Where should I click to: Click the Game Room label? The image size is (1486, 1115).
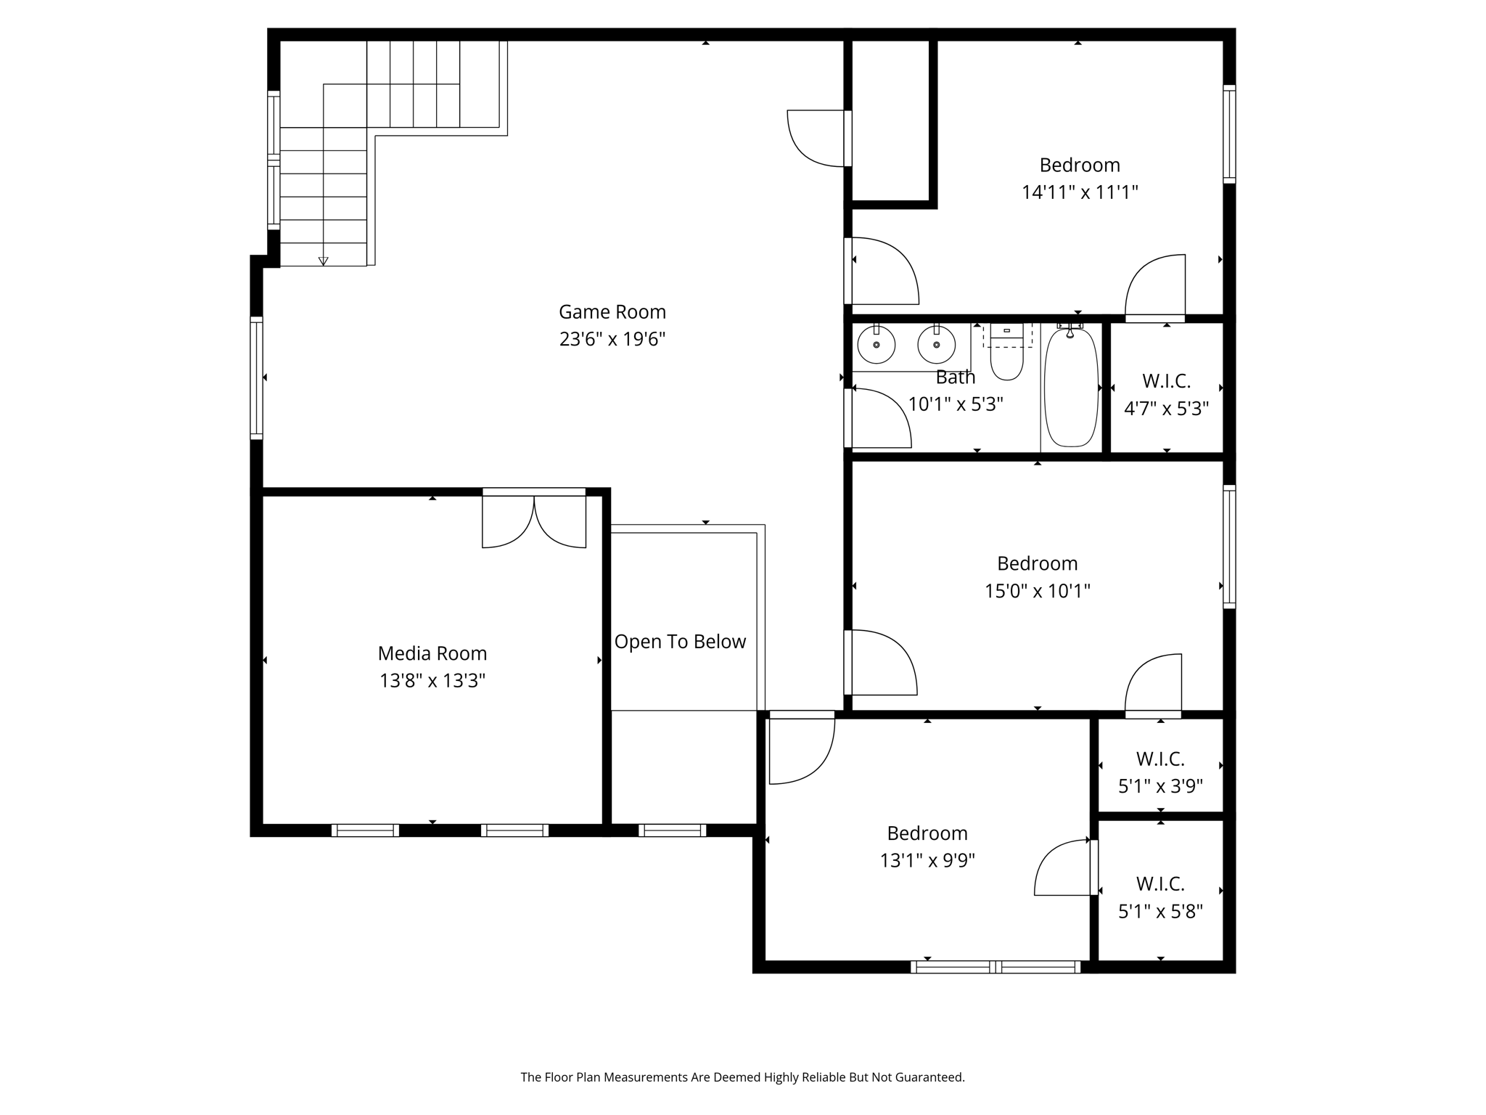point(612,312)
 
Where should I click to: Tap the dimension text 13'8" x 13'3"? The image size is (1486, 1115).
point(432,681)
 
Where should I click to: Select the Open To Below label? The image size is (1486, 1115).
point(680,642)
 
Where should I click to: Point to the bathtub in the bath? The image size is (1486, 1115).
point(1071,388)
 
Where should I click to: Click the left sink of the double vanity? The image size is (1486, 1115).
point(877,345)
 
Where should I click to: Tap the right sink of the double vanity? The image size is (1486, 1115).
point(936,345)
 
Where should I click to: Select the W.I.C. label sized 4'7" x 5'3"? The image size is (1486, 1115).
point(1166,381)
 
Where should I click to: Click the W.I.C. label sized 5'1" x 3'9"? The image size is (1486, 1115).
point(1160,759)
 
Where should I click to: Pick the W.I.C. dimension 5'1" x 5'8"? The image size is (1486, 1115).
point(1160,912)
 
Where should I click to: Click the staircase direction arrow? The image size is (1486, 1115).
point(324,261)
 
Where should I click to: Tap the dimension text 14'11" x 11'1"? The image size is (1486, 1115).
point(1080,192)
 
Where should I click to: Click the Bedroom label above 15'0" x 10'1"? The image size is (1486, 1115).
point(1037,564)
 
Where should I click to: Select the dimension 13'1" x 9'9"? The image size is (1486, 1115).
point(927,861)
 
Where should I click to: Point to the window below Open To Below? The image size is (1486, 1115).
point(672,830)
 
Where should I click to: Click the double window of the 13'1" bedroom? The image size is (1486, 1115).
point(996,967)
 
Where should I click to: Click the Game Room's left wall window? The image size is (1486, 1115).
point(257,377)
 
